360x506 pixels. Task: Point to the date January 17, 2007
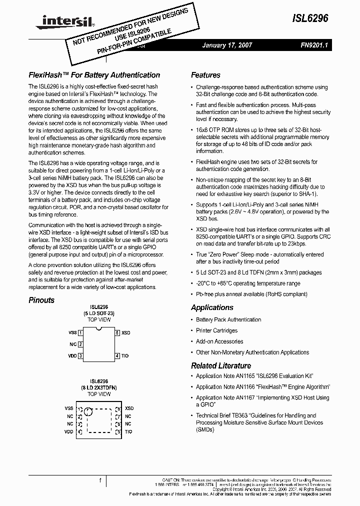227,45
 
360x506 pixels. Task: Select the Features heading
205,75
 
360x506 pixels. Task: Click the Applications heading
212,307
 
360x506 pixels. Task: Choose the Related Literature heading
221,365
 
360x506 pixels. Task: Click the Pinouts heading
41,300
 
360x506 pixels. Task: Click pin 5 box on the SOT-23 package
117,332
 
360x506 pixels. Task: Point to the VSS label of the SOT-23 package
72,332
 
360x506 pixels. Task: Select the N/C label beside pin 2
73,344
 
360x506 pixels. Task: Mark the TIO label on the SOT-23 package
125,356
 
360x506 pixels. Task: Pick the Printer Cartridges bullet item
216,330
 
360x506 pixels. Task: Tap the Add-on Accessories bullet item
219,341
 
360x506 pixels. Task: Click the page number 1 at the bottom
100,480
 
